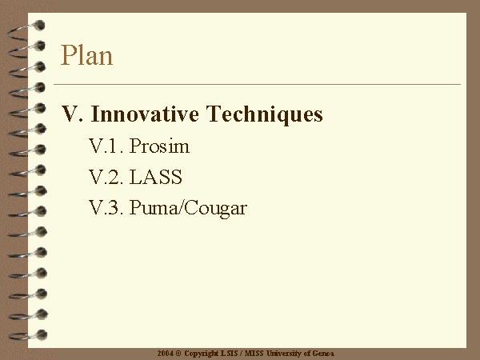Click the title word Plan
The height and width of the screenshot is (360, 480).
point(86,55)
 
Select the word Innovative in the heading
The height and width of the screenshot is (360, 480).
point(145,114)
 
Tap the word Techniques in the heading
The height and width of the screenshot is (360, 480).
point(264,114)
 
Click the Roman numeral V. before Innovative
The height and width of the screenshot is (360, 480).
point(72,114)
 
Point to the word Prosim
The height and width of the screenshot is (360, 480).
point(159,146)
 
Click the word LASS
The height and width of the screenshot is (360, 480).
point(155,177)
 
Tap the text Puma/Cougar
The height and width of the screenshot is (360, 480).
point(188,209)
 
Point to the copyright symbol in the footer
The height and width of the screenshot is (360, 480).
point(178,354)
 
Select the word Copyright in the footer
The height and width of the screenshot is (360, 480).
point(201,354)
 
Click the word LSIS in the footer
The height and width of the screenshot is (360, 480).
point(229,354)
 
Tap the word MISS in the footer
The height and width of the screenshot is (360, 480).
point(254,354)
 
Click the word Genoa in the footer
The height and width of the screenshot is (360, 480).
point(323,354)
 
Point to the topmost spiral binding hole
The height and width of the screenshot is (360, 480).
point(39,26)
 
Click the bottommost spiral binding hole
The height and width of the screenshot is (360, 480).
point(42,334)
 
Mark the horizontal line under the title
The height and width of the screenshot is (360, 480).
point(257,84)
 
